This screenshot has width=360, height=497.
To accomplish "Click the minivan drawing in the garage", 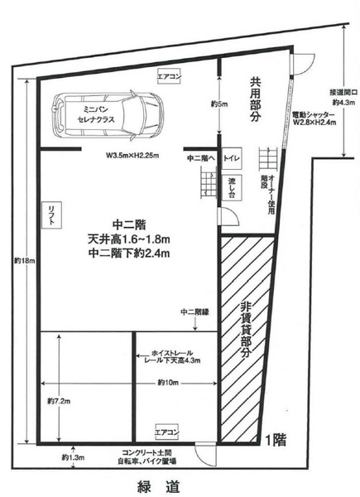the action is [x=109, y=115].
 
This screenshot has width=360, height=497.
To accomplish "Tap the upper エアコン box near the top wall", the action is [x=170, y=76].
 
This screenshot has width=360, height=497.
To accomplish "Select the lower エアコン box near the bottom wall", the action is [x=167, y=432].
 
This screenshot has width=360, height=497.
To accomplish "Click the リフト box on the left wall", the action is [x=51, y=215].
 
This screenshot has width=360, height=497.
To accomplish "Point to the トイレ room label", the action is [x=232, y=158].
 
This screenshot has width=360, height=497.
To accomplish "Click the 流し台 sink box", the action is [x=232, y=187].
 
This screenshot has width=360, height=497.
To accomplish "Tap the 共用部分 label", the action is [x=255, y=99].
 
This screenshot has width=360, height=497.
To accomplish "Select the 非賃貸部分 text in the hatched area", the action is [x=246, y=331].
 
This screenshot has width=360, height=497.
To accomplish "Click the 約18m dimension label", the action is [x=22, y=260].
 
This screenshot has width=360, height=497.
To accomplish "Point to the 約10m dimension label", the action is [x=168, y=383].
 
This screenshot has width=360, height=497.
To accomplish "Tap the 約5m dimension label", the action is [x=219, y=104].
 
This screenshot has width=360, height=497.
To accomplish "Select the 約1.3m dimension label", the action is [x=73, y=457].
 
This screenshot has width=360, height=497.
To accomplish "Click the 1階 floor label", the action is [x=276, y=440].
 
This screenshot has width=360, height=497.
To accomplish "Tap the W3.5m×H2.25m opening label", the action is [x=132, y=156].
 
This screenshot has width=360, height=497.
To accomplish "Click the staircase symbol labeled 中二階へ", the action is [x=209, y=184].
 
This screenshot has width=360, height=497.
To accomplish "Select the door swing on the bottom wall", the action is [x=206, y=454].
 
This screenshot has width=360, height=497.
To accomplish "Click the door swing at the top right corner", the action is [x=304, y=65].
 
